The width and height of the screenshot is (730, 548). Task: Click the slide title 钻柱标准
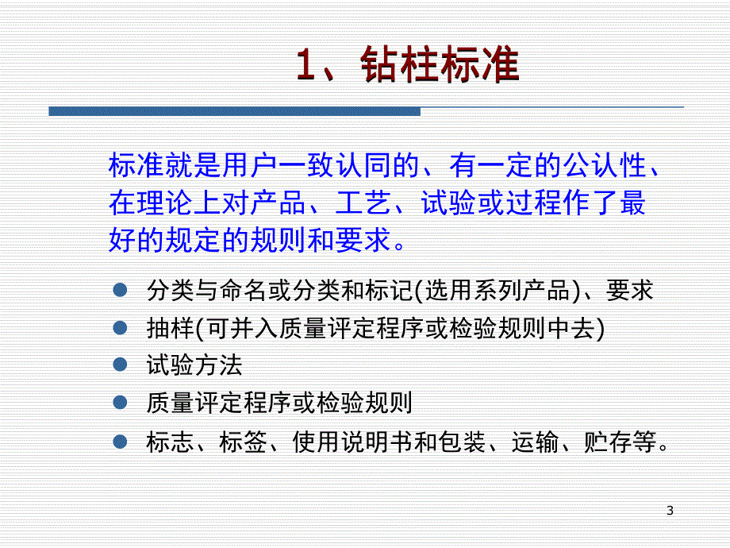click(x=439, y=67)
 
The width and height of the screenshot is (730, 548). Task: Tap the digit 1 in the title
click(x=308, y=67)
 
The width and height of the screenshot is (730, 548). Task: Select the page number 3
click(x=670, y=511)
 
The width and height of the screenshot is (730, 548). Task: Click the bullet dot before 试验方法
click(x=120, y=365)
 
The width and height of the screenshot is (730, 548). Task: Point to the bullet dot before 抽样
click(x=120, y=327)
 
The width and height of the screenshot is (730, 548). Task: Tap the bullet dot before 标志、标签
click(x=120, y=441)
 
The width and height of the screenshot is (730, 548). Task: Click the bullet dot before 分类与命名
click(x=120, y=290)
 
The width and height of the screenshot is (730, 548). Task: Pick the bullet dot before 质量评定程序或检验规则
click(x=120, y=403)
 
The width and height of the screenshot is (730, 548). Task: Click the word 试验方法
click(x=194, y=365)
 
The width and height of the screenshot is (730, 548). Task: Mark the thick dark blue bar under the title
click(x=234, y=111)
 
